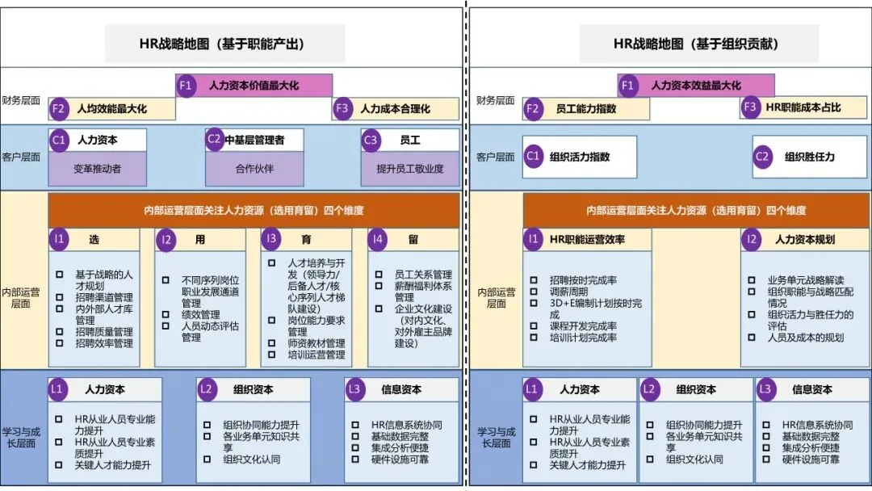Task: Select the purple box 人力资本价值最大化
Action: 254,85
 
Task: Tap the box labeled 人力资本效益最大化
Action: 696,85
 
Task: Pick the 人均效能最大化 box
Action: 112,108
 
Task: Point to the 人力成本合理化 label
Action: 395,108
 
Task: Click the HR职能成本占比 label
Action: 803,107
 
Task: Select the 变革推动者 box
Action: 97,170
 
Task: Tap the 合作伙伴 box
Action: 254,170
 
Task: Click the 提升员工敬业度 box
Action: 410,170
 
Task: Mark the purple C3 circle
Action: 371,140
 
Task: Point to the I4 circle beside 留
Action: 376,239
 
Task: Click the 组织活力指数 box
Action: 580,157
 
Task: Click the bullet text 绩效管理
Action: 200,314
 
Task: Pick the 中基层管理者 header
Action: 254,140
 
